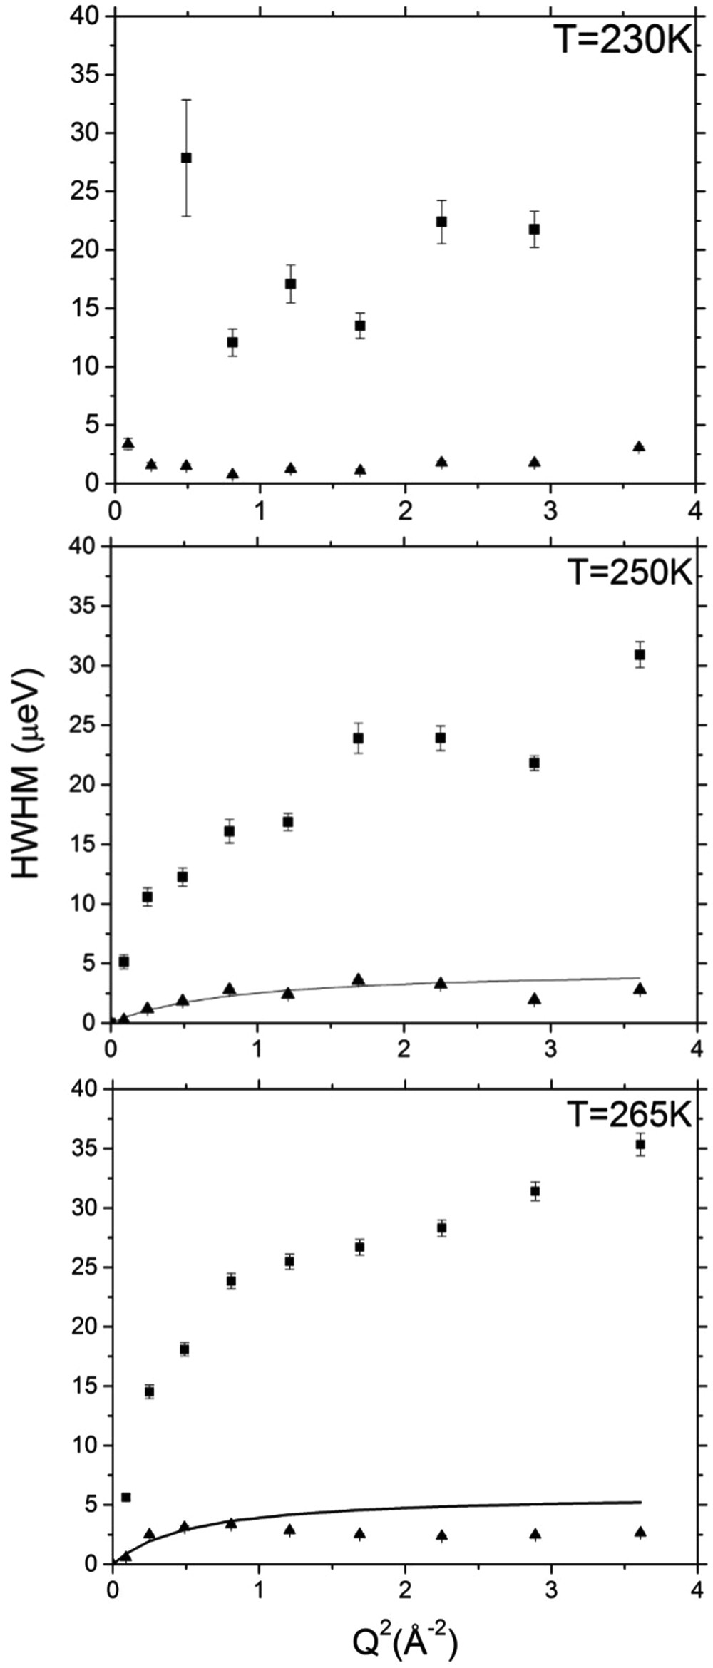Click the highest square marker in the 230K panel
coord(186,158)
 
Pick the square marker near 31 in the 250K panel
coord(640,654)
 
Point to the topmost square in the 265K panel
coord(640,1144)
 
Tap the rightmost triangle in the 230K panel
coord(639,447)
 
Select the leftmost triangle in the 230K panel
coord(128,443)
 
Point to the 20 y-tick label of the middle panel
coord(83,785)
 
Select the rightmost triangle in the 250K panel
coord(640,989)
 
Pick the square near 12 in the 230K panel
coord(232,342)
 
